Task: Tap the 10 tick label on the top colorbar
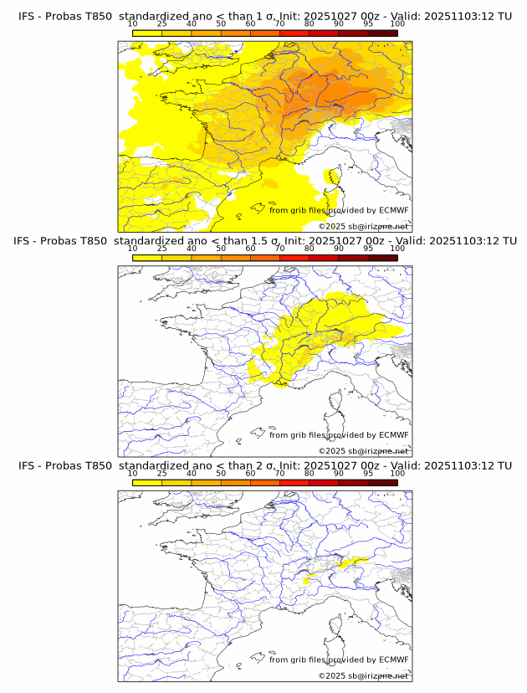[x=132, y=23]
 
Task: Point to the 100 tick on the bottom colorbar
[x=397, y=473]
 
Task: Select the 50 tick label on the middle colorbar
[x=221, y=249]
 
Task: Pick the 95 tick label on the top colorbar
[x=368, y=23]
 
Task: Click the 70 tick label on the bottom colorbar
[x=279, y=473]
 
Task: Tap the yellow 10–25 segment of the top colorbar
[x=147, y=33]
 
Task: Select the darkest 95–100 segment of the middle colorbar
[x=382, y=258]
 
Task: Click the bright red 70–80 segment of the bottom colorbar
[x=294, y=483]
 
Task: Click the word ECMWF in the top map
[x=394, y=210]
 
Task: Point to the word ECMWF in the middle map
[x=394, y=435]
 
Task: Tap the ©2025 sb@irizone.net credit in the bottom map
[x=363, y=675]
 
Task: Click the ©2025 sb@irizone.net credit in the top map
[x=363, y=227]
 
